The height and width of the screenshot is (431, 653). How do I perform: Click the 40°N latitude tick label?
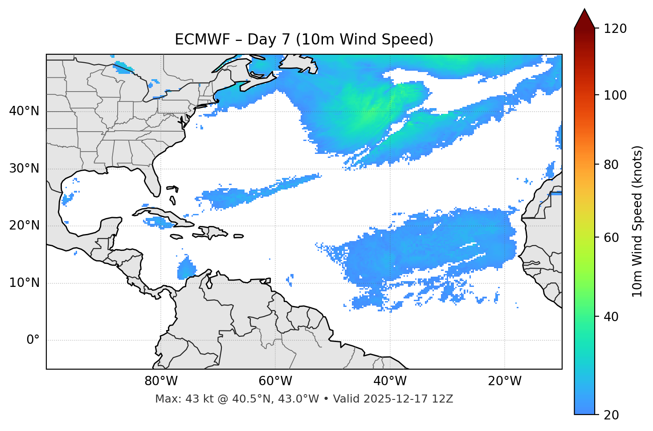[x=24, y=111]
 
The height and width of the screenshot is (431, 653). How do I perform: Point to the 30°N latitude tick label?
[x=24, y=169]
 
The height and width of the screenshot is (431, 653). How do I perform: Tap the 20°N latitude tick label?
[x=24, y=226]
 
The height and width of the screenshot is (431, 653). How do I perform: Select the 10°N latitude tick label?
[x=24, y=283]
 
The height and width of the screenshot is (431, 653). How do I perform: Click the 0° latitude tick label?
[x=33, y=340]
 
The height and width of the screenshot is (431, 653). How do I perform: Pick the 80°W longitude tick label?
[x=161, y=381]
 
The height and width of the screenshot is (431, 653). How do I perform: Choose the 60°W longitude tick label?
[x=275, y=381]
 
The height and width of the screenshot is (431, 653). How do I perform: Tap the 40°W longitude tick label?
[x=390, y=381]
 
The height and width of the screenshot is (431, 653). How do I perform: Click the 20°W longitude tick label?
[x=504, y=381]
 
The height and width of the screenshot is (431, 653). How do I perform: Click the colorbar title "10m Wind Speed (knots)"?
[x=637, y=222]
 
